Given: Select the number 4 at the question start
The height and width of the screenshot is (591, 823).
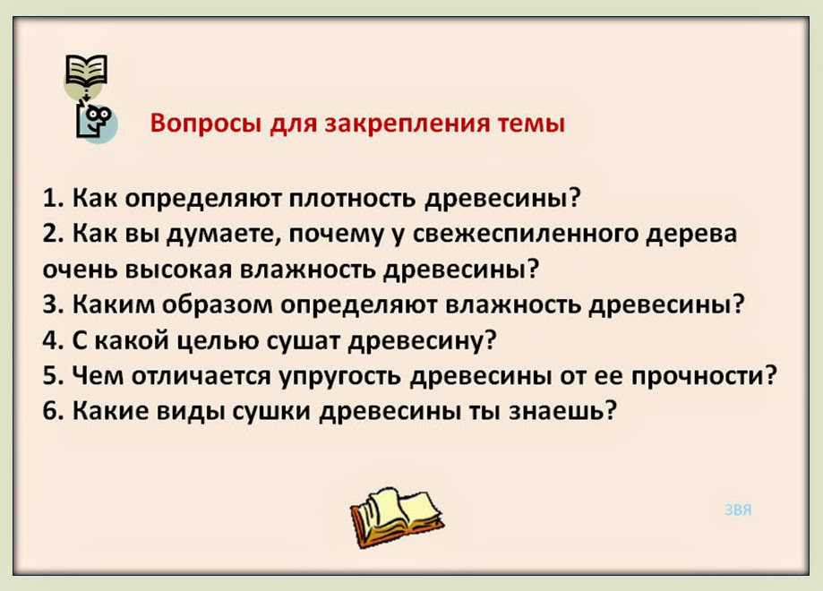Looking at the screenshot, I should coord(50,341).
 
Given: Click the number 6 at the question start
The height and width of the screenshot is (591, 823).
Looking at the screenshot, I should coord(50,413).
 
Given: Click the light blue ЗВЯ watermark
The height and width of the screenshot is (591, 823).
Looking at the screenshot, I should coord(737,510).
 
